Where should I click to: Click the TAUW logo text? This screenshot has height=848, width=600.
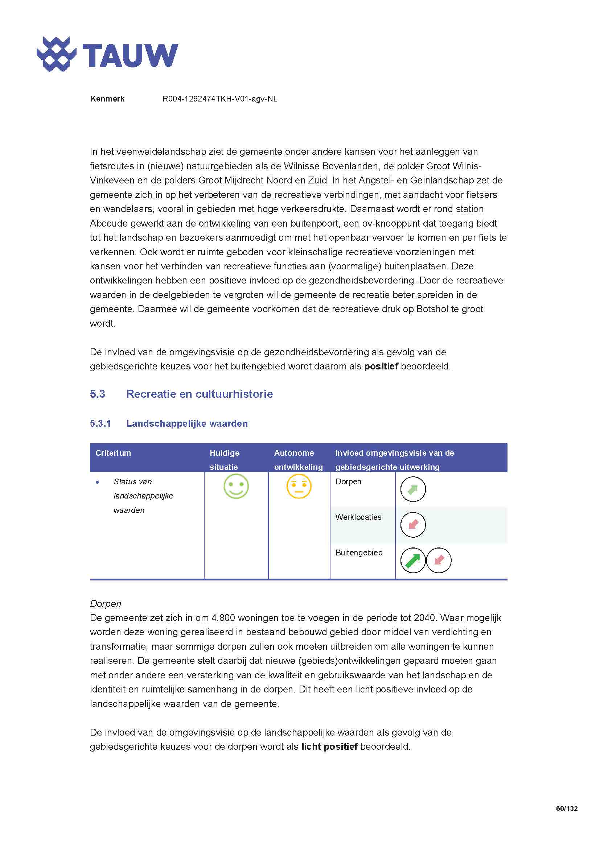click(x=130, y=55)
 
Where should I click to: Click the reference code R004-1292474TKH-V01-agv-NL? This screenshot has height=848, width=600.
click(x=220, y=99)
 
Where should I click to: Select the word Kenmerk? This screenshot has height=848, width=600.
click(x=107, y=99)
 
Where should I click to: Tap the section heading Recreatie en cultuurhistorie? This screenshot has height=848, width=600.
click(x=200, y=394)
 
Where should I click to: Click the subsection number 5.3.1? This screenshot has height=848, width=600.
click(x=100, y=423)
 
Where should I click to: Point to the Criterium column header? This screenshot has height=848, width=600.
click(x=113, y=453)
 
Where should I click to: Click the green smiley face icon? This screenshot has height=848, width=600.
click(x=236, y=487)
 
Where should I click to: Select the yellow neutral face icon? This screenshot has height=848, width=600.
click(x=299, y=487)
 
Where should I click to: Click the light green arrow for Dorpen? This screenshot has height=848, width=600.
click(x=413, y=490)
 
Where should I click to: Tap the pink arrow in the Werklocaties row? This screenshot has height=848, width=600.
click(x=413, y=525)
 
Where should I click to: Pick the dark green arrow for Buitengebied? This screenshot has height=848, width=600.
click(x=413, y=560)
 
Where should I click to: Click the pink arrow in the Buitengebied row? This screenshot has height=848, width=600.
click(x=439, y=560)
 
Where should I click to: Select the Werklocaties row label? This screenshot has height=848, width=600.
click(x=358, y=517)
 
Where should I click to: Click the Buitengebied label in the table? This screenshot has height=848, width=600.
click(x=359, y=553)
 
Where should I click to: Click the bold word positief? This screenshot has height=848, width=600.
click(x=381, y=367)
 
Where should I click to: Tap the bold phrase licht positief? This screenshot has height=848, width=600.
click(x=329, y=747)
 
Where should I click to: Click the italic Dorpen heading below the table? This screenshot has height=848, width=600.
click(x=105, y=604)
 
